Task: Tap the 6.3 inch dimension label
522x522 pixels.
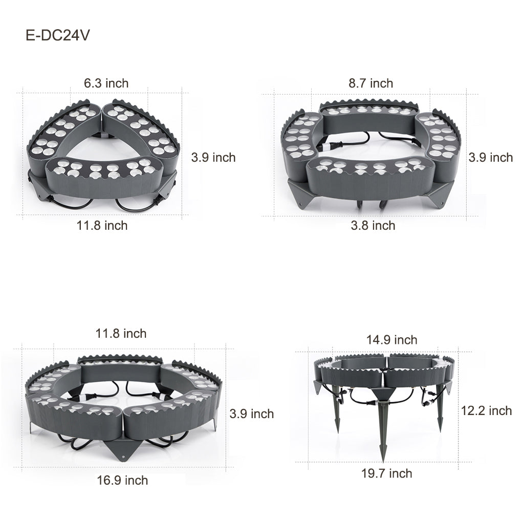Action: coord(106,82)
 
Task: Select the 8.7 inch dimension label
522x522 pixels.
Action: coord(371,83)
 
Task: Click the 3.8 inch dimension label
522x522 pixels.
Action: coord(373,225)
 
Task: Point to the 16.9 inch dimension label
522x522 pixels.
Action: coord(122,480)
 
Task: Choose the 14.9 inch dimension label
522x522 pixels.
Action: coord(391,340)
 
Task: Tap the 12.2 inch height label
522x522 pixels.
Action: coord(486,410)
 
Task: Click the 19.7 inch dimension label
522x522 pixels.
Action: coord(386,473)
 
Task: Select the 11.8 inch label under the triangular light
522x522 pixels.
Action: coord(102,225)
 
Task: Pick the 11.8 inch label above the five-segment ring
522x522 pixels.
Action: coord(121,334)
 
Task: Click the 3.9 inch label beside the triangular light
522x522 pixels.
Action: coord(213,157)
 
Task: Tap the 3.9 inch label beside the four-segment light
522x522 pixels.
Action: coord(490,157)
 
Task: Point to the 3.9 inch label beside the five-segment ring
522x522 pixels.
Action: coord(251,414)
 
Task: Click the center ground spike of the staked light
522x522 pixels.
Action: coord(382,430)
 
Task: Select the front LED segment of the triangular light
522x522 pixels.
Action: coord(102,177)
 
